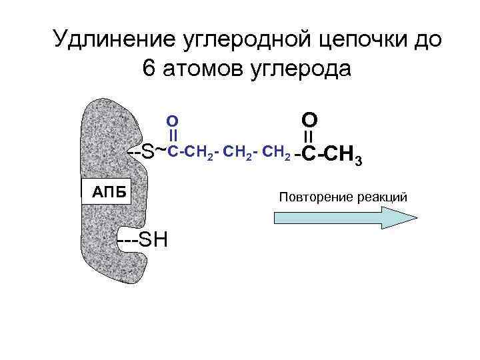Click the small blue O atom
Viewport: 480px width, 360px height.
(x=171, y=121)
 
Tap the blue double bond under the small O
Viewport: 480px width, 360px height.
(x=171, y=136)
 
